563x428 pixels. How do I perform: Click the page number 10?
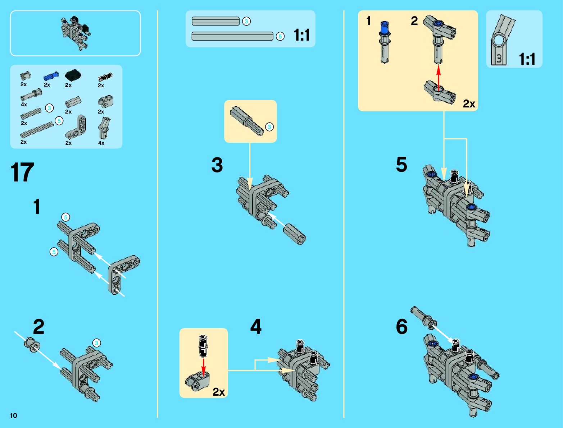(14, 415)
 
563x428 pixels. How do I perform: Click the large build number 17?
(22, 172)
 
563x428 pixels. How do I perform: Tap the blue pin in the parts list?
(51, 76)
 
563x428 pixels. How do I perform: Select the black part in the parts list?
(73, 75)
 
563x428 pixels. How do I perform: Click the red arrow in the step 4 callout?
(204, 367)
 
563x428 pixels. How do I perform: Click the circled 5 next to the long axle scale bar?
(280, 36)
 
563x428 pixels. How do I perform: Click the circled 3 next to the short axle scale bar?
(246, 22)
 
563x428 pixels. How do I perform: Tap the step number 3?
(217, 165)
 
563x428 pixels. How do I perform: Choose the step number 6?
(401, 327)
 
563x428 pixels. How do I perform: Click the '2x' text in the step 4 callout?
(219, 391)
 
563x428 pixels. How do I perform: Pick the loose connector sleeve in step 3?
(294, 234)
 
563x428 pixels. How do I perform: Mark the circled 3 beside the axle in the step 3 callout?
(269, 126)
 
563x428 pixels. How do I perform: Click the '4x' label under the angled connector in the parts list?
(101, 143)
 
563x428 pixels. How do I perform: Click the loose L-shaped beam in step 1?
(123, 273)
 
